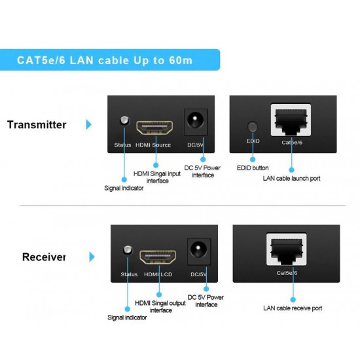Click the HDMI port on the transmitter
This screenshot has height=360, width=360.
point(154,128)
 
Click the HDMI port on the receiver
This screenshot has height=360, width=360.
point(158,257)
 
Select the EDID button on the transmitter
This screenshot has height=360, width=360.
point(253,126)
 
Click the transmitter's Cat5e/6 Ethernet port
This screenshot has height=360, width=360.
point(291,120)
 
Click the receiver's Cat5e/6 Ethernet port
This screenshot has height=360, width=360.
point(286,249)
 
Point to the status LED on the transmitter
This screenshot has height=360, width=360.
point(124,120)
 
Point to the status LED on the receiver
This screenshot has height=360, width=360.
point(128,250)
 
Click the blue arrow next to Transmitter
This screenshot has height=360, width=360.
point(88,124)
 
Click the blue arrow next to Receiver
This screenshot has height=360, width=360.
point(92,257)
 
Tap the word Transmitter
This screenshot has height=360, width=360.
point(37,125)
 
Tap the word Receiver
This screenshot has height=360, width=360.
point(44,257)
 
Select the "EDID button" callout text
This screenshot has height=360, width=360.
point(253,168)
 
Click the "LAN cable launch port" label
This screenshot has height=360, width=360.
point(291,179)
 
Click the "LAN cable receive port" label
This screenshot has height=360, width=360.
point(293,308)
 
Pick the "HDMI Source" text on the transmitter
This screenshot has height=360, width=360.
point(153,145)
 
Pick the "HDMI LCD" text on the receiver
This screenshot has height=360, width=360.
point(158,274)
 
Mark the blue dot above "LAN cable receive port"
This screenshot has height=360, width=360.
point(293,300)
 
